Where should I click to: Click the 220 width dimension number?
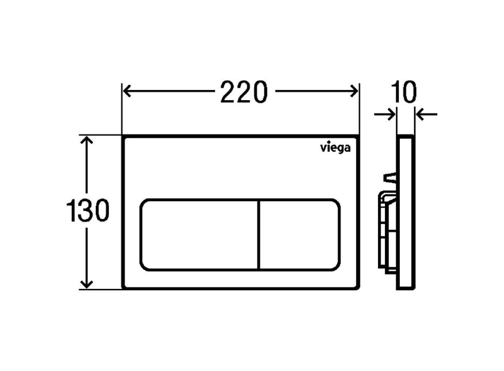244,92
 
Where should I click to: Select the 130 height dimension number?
88,210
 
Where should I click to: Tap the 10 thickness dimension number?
404,92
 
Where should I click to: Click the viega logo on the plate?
335,148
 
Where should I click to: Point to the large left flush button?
200,234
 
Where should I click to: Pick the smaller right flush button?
300,234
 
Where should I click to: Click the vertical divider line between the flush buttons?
260,234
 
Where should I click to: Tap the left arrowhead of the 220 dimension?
127,91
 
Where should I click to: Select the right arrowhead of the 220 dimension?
354,91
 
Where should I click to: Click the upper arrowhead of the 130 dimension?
86,140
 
